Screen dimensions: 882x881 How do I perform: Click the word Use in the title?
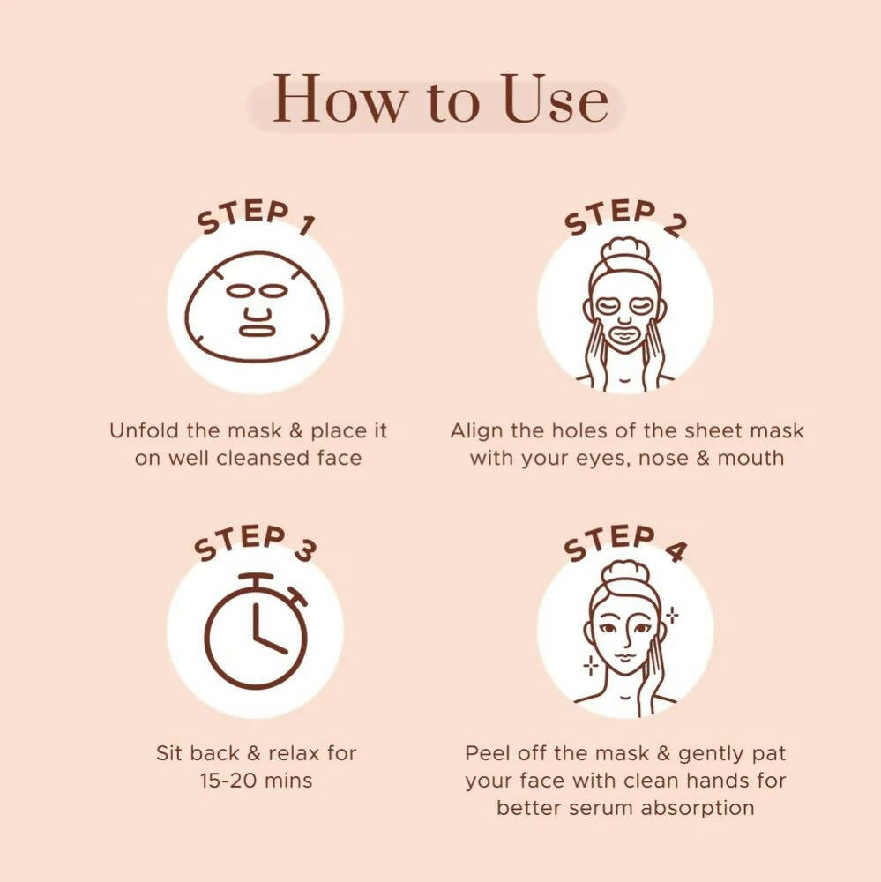(555, 100)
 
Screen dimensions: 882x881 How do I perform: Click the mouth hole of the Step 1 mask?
(258, 329)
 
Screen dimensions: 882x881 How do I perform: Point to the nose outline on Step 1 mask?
(258, 311)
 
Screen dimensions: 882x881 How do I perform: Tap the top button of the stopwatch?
(257, 579)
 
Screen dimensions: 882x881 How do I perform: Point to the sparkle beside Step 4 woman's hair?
(672, 615)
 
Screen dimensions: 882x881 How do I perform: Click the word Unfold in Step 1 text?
(139, 431)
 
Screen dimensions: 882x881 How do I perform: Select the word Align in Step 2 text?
(474, 431)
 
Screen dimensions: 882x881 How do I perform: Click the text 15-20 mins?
(256, 781)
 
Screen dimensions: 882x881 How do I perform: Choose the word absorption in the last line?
(703, 807)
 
